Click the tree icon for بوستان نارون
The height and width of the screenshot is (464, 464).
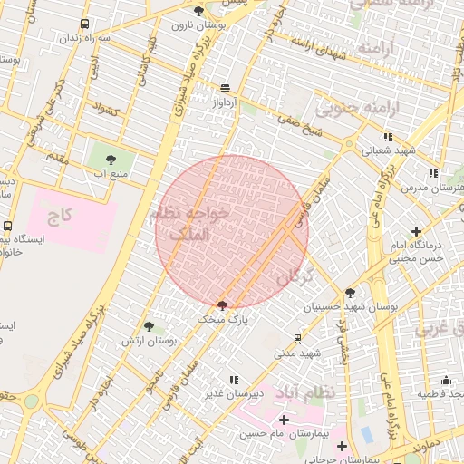pos(199,11)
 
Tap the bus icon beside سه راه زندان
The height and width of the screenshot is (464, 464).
pos(84,24)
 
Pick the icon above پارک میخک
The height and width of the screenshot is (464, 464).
pos(223,305)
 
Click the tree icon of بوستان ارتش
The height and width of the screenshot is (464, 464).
pos(149,326)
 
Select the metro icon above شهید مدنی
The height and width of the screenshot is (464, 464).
pos(297,338)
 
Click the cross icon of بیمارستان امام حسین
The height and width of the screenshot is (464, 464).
pos(284,420)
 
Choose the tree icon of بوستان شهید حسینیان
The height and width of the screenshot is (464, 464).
pos(351,292)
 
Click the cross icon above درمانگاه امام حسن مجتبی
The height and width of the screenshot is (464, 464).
pos(416,232)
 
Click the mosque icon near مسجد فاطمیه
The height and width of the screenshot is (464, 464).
pos(445,382)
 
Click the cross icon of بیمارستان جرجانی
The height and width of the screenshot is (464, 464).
pos(342,445)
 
